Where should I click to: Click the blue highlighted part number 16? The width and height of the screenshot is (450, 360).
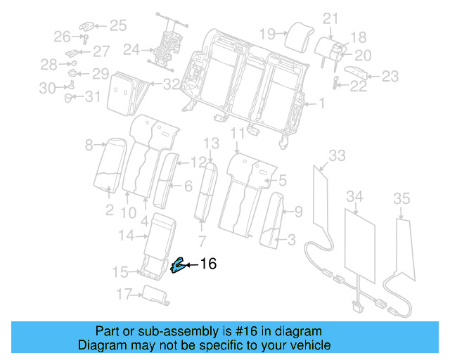click(178, 265)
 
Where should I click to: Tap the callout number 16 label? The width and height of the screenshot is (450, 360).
click(209, 264)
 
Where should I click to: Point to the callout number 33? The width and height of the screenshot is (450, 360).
click(337, 155)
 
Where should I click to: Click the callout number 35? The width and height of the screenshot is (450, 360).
click(401, 199)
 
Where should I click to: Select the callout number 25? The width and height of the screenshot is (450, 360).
click(117, 26)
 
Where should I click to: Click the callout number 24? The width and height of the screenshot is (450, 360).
click(131, 49)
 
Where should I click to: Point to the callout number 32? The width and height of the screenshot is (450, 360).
click(171, 84)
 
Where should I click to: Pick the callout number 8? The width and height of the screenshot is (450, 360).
click(89, 146)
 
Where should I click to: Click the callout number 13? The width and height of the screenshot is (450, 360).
click(212, 143)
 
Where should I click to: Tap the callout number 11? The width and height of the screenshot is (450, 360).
click(238, 133)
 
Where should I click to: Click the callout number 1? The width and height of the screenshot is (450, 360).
click(320, 105)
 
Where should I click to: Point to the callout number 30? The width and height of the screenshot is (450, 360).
click(47, 88)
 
